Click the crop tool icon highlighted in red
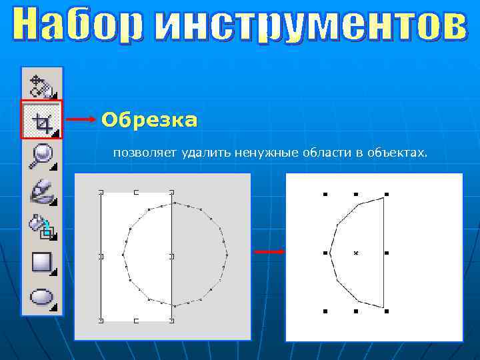(42, 121)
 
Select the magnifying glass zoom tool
(42, 156)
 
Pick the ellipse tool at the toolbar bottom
(42, 297)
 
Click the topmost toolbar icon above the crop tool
(42, 85)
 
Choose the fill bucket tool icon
(42, 225)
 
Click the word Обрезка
(149, 120)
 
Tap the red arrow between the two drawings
(269, 252)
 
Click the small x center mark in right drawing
(356, 253)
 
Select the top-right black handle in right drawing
(387, 194)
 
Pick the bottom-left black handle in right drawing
(325, 311)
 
